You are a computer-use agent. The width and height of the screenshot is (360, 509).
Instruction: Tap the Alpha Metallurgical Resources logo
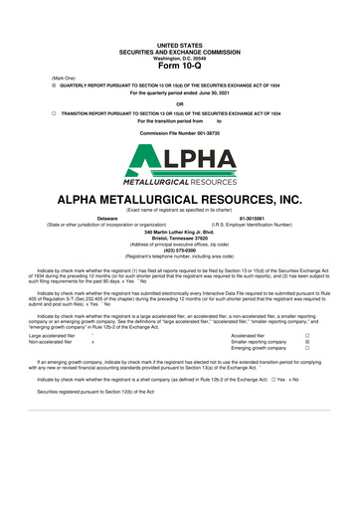point(179,164)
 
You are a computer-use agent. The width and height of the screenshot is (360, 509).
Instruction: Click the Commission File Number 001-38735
point(179,132)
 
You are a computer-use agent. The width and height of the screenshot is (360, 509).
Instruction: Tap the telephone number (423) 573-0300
point(179,251)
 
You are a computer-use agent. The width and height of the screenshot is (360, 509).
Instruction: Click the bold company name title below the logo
point(179,198)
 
